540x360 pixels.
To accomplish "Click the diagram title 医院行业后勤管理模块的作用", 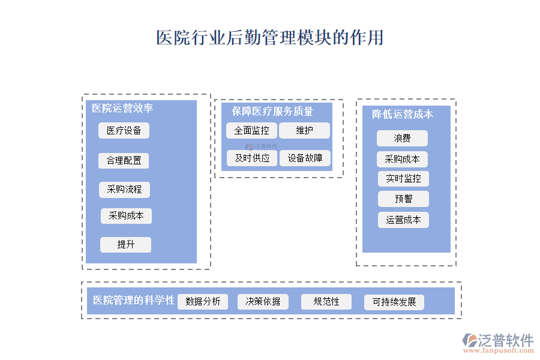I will click(269, 38).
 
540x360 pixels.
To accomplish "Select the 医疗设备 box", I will click(124, 131).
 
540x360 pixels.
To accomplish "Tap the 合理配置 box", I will click(124, 161).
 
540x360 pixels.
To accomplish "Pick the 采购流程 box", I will click(124, 190).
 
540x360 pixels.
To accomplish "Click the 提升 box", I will click(125, 245).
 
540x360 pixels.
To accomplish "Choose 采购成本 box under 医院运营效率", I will click(126, 216).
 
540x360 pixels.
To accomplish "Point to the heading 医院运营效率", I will click(122, 108).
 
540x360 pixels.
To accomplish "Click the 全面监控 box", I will click(251, 130).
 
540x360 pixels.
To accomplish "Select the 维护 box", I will click(304, 130).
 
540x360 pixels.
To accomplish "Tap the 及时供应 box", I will click(251, 158).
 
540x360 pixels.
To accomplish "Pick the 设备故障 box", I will click(305, 158).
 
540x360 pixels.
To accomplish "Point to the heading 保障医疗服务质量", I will click(272, 111).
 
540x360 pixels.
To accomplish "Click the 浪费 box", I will click(402, 139).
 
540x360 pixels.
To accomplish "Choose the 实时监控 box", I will click(403, 179).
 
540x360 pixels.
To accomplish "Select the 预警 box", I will click(403, 199).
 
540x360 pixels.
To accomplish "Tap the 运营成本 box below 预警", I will click(403, 220).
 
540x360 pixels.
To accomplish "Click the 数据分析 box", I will click(203, 301).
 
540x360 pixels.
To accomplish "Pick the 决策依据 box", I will click(263, 301).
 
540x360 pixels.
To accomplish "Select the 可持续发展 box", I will click(394, 302).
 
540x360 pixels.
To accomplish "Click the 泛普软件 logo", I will click(497, 341).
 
